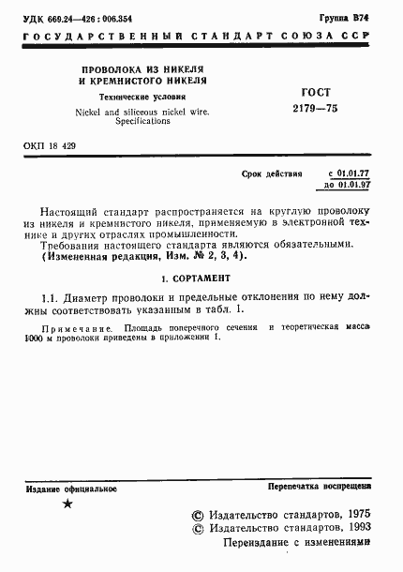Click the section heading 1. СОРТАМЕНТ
point(201,278)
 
